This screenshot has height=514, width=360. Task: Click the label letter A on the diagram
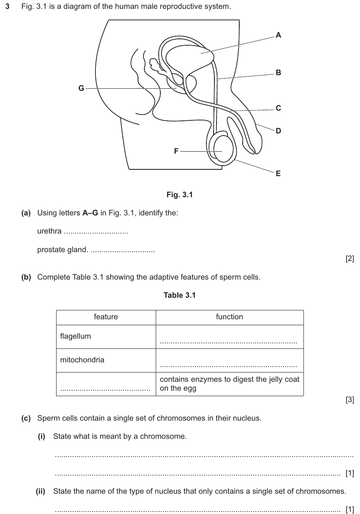278,35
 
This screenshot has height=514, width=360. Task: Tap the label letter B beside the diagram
278,73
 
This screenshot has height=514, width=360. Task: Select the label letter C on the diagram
278,108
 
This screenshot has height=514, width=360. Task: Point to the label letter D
278,131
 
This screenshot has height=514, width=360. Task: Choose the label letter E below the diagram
278,173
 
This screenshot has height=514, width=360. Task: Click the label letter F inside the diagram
176,151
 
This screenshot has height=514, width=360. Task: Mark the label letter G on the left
81,88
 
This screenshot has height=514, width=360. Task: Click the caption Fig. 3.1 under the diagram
179,195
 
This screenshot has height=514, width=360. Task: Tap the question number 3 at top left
7,6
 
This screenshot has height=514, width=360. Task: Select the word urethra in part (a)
49,231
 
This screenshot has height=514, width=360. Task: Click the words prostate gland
62,250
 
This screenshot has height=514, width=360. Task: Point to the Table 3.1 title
179,295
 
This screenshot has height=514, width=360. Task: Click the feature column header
106,317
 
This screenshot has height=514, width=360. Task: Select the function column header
229,317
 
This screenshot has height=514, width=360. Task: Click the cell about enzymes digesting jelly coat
230,383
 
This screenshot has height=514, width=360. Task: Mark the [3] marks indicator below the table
350,400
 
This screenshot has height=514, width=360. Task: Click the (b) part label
26,277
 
